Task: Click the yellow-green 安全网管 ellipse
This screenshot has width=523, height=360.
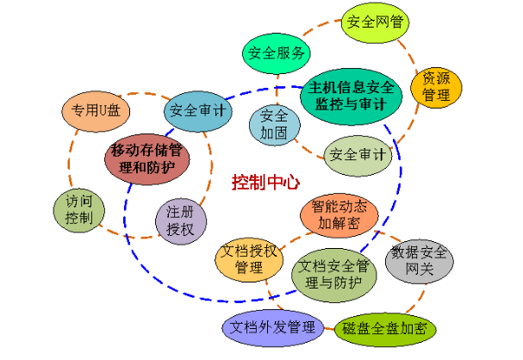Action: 377,22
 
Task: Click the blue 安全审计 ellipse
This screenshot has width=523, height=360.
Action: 197,111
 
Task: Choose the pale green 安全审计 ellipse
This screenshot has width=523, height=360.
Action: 358,155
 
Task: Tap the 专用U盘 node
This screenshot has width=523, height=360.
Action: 96,110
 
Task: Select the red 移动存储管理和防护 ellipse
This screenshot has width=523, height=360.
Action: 148,157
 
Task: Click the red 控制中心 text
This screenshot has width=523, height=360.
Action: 265,183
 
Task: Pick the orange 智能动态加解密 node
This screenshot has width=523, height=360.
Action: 339,215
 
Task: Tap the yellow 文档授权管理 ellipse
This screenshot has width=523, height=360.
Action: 249,261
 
